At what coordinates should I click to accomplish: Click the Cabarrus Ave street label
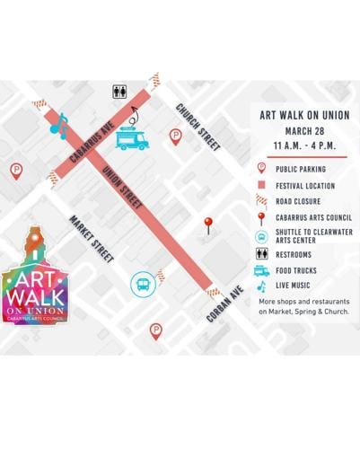click(92, 141)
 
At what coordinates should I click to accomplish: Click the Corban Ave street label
click(225, 304)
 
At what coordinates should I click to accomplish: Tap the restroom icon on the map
click(119, 92)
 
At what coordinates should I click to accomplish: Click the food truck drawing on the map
click(133, 139)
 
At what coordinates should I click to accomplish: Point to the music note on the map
click(59, 126)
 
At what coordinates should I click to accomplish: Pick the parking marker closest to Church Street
click(176, 136)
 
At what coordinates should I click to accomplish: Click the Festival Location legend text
click(306, 186)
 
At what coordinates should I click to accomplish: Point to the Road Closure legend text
click(300, 202)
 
